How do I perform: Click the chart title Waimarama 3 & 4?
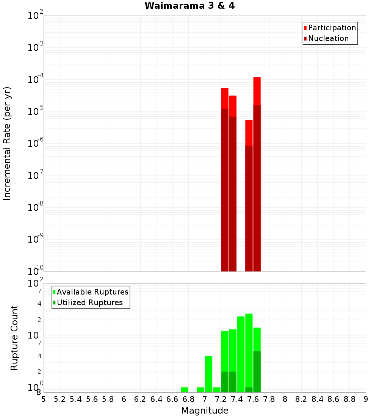click(x=189, y=6)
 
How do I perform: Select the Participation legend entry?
click(x=330, y=28)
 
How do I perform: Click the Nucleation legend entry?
click(x=326, y=38)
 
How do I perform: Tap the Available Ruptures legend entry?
click(x=91, y=292)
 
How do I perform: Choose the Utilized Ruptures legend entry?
click(x=88, y=303)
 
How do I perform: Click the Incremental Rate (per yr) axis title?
click(x=7, y=143)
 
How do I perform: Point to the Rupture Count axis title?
click(x=14, y=337)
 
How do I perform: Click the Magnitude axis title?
click(x=205, y=411)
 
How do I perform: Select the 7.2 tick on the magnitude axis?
click(x=221, y=399)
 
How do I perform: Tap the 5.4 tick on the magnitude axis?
click(x=76, y=399)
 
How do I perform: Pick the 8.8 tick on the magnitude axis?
click(x=349, y=399)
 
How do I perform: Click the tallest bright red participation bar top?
click(x=257, y=78)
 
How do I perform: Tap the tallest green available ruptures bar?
click(x=249, y=353)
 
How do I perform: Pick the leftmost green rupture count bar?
click(x=185, y=390)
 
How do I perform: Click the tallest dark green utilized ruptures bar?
click(x=257, y=372)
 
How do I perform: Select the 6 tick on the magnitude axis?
click(x=124, y=399)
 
